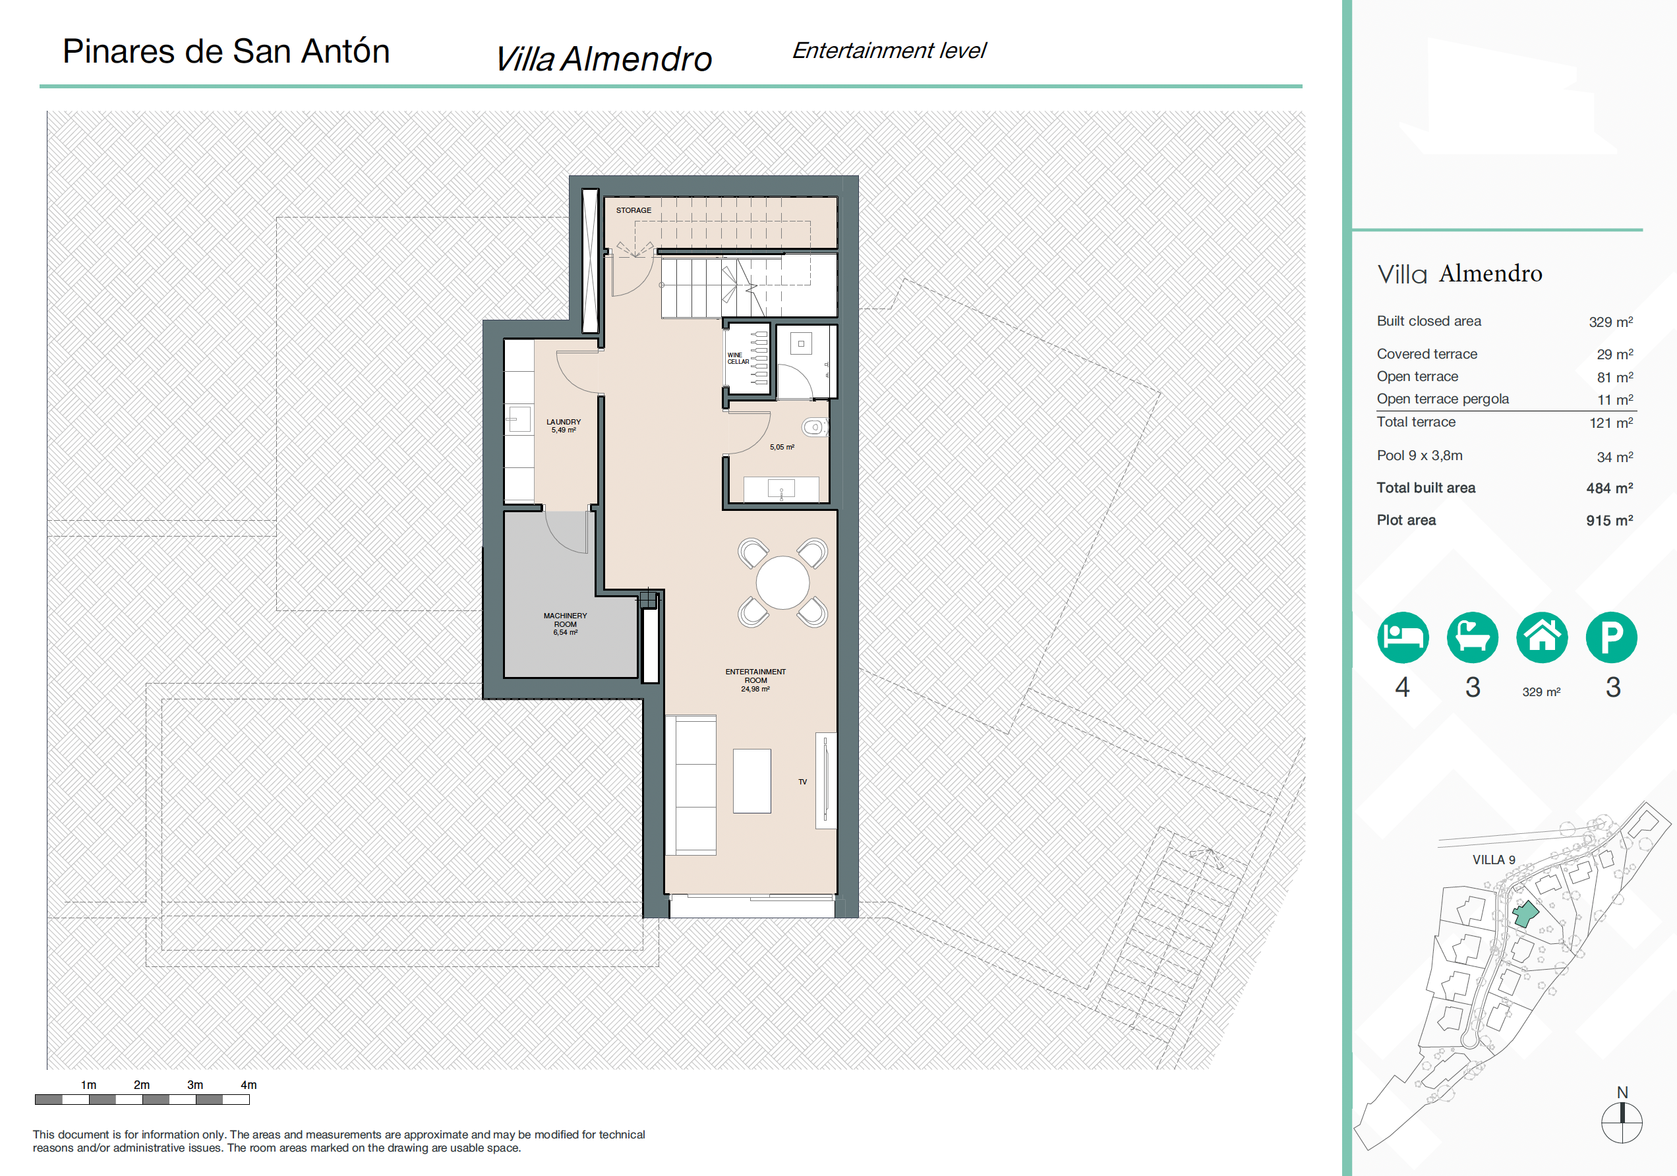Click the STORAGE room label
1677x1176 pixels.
(633, 210)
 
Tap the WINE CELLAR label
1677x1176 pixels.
(738, 358)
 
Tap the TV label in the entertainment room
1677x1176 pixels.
(803, 782)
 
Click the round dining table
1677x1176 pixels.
(782, 583)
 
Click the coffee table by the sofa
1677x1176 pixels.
(751, 781)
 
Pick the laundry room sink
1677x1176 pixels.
(518, 419)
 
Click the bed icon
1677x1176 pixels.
(1403, 637)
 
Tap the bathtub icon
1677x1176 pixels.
(1473, 637)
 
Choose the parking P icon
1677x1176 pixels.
(1611, 637)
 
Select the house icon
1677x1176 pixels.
(1542, 637)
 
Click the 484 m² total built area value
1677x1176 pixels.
(1609, 488)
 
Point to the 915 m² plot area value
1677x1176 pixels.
(1609, 520)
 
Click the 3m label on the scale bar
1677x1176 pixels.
(195, 1084)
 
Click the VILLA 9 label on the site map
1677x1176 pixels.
(1494, 860)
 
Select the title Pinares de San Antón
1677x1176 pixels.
(226, 52)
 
